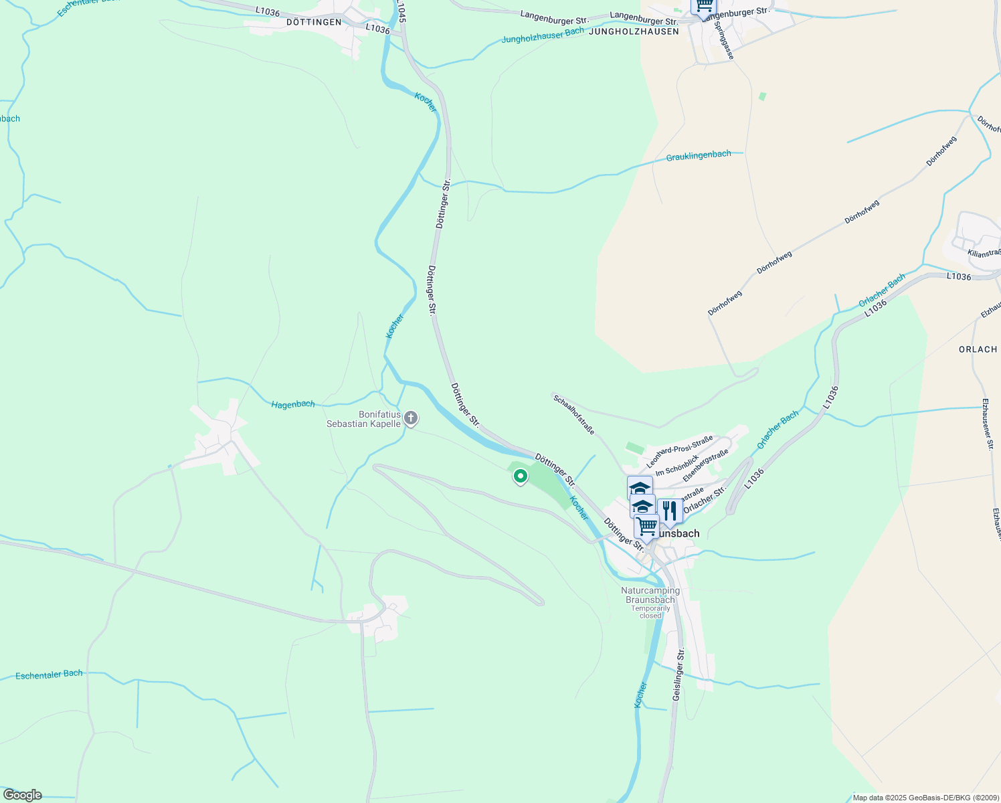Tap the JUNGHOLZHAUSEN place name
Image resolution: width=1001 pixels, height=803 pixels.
click(634, 31)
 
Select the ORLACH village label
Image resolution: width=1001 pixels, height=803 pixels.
click(978, 349)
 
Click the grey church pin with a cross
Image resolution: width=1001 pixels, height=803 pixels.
click(411, 419)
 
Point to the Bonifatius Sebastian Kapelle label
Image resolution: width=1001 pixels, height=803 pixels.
click(363, 419)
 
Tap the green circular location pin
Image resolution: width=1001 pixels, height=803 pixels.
click(520, 476)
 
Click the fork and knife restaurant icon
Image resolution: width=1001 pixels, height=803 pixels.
click(670, 511)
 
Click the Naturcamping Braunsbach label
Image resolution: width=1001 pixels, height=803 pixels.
click(650, 595)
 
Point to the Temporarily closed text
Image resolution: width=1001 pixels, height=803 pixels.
click(650, 612)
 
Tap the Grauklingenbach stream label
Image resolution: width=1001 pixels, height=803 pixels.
click(699, 155)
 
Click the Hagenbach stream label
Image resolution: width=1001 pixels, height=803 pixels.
click(293, 404)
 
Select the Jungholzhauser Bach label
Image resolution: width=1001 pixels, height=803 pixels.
click(543, 35)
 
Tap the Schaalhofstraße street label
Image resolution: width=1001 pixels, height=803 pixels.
click(573, 414)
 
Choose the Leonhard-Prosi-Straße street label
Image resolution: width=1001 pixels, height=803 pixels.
click(679, 452)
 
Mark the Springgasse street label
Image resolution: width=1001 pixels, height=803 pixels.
click(724, 40)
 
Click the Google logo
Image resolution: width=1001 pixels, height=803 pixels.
click(22, 795)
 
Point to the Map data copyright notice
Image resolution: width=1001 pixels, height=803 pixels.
click(925, 798)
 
